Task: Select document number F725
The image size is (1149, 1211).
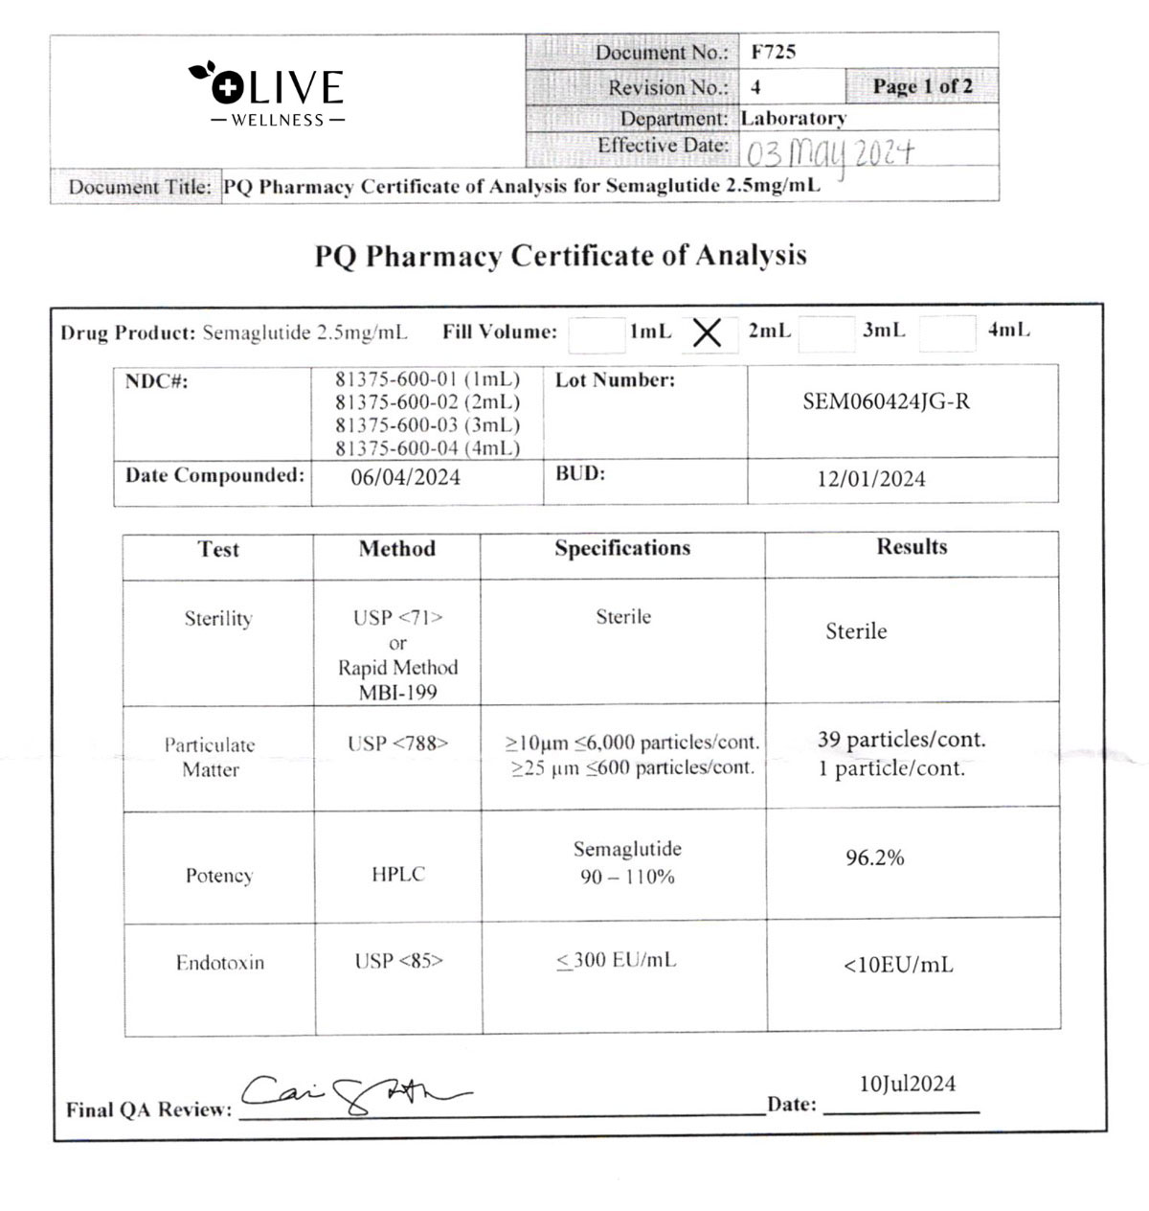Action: [x=774, y=52]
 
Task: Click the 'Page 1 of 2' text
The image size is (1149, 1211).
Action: [x=921, y=86]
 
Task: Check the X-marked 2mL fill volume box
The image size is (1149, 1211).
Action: [x=707, y=333]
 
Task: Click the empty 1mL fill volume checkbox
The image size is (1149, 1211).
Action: [x=596, y=334]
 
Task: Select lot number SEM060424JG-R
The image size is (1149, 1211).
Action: [x=886, y=401]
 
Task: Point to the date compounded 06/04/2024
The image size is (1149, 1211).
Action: [x=405, y=477]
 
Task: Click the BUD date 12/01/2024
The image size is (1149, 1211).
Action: [x=870, y=479]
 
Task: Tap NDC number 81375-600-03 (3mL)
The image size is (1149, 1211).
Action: [x=427, y=425]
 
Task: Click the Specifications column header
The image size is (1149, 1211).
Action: [x=622, y=548]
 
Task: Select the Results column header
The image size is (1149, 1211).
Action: [x=912, y=547]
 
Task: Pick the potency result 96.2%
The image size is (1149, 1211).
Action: [x=874, y=858]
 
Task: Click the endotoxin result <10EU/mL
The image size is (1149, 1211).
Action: [x=898, y=966]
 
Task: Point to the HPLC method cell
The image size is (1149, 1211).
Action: [x=397, y=874]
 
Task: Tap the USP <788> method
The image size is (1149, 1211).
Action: [x=397, y=743]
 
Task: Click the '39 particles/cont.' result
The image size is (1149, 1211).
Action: [x=901, y=740]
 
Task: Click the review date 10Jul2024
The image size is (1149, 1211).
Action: [x=907, y=1084]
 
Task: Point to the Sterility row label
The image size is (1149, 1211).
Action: [x=218, y=619]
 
